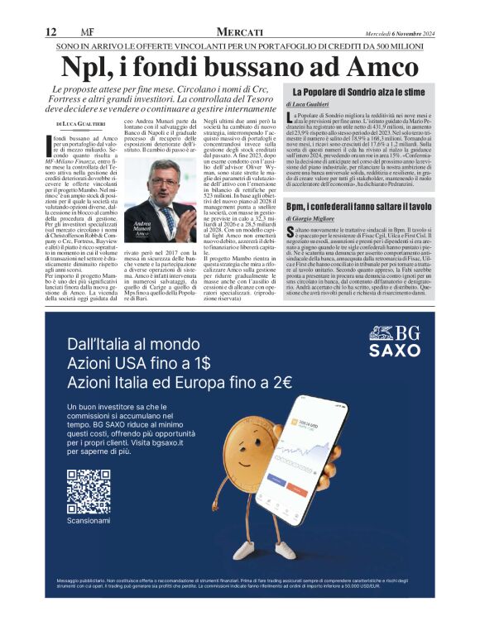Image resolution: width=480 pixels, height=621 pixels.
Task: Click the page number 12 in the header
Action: pyautogui.click(x=51, y=31)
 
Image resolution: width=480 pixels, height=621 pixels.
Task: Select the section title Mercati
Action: pyautogui.click(x=239, y=31)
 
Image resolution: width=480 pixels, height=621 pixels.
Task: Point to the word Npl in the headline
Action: pyautogui.click(x=91, y=65)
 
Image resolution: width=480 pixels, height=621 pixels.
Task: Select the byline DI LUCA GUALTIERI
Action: pyautogui.click(x=79, y=122)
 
